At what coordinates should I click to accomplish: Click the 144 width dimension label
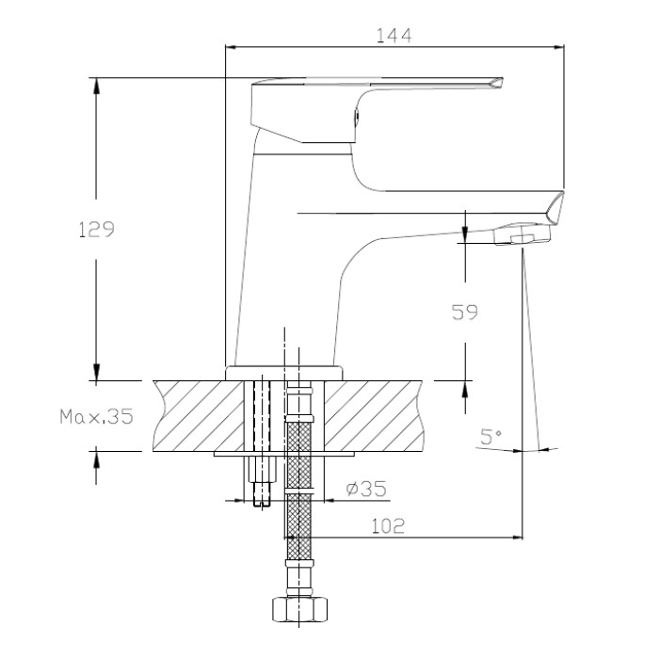[x=394, y=36]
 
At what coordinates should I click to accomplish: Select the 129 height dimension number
[x=96, y=230]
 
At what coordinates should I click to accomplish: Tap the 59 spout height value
[x=464, y=313]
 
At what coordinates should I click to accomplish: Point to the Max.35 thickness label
[x=96, y=416]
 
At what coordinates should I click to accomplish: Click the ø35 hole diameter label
[x=366, y=489]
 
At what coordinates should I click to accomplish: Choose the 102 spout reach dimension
[x=388, y=526]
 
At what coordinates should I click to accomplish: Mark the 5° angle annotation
[x=490, y=437]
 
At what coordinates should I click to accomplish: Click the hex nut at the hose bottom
[x=298, y=609]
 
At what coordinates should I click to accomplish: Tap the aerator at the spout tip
[x=522, y=234]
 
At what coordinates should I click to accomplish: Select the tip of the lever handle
[x=501, y=79]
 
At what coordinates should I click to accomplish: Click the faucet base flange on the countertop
[x=284, y=373]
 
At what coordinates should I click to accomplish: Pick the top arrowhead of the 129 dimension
[x=96, y=86]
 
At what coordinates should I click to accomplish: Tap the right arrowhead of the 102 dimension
[x=517, y=538]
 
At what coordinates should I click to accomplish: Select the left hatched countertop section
[x=199, y=416]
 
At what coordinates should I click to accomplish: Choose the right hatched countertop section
[x=373, y=416]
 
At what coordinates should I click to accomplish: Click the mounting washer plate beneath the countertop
[x=284, y=454]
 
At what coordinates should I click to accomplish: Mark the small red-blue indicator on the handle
[x=357, y=116]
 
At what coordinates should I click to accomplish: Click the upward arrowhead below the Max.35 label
[x=96, y=455]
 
